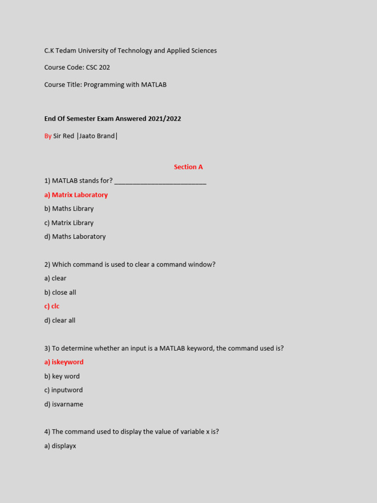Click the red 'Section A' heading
(188, 167)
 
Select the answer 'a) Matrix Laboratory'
(76, 195)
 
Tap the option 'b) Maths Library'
(69, 209)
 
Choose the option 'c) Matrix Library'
(69, 223)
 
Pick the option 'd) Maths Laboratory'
(75, 237)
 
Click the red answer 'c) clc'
(52, 307)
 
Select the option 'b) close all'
(60, 293)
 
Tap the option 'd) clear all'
(60, 321)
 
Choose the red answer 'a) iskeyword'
(64, 362)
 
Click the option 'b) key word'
(62, 376)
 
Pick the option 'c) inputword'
(63, 390)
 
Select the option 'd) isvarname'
(64, 404)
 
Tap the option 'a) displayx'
(60, 446)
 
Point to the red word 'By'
(48, 136)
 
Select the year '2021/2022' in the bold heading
(165, 119)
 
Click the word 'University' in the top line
(96, 51)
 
